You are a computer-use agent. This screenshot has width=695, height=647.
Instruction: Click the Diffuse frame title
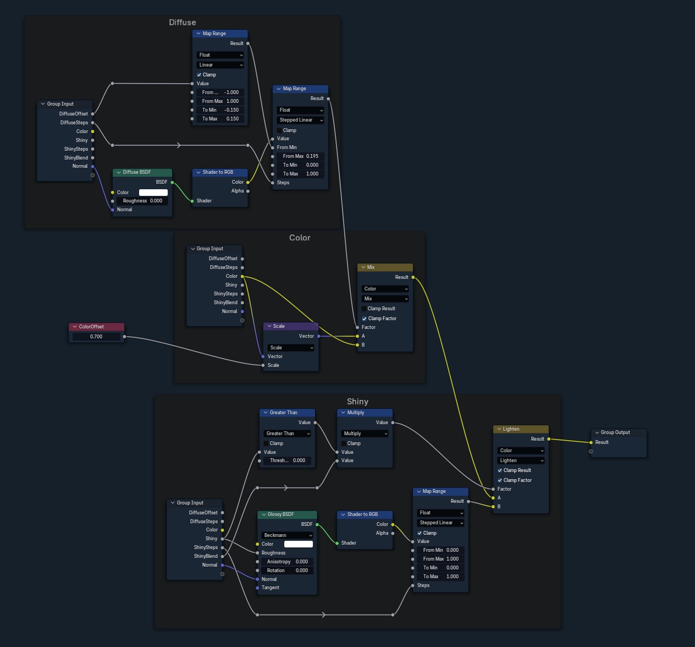182,23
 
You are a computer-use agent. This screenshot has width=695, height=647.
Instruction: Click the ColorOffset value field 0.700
96,337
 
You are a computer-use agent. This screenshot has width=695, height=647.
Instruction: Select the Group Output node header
618,432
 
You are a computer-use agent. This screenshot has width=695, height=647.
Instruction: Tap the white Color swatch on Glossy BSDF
298,544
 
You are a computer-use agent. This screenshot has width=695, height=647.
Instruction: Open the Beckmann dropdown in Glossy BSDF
287,535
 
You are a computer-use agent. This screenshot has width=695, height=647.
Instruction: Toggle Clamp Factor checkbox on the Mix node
365,319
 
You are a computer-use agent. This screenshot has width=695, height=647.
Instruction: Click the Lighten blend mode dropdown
521,460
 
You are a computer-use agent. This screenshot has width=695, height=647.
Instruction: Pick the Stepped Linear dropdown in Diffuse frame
300,120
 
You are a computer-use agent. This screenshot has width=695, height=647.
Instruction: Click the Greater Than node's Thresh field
287,460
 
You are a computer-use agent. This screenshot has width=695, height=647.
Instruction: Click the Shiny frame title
357,402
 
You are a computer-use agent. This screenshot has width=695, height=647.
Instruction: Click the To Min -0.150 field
220,110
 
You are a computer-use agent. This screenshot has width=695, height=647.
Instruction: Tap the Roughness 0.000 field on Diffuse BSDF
142,201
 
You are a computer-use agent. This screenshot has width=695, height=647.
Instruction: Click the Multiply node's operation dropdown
365,434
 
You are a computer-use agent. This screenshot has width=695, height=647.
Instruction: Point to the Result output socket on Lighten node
549,439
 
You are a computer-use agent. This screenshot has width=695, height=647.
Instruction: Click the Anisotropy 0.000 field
287,562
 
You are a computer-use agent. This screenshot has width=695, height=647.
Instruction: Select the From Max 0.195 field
300,156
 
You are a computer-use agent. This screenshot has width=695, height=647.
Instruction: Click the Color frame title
300,238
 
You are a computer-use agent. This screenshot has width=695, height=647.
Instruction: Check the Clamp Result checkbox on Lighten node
500,470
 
